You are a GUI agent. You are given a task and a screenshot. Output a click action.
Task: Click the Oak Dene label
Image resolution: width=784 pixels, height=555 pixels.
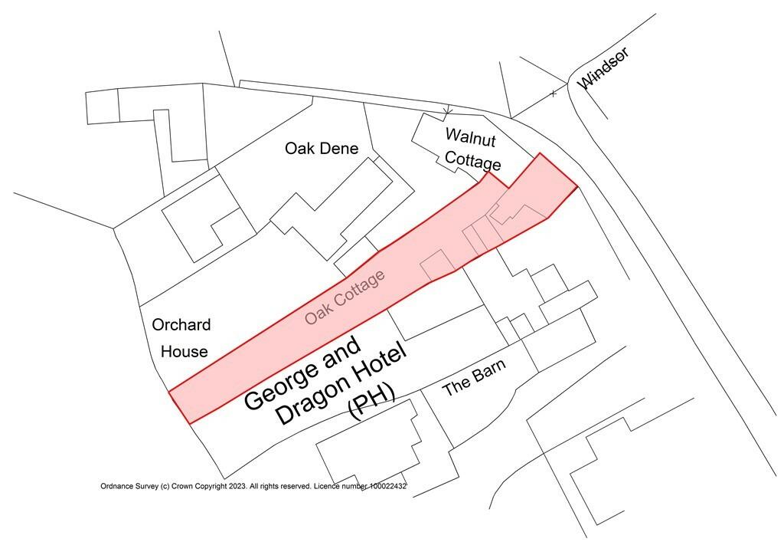(x=322, y=149)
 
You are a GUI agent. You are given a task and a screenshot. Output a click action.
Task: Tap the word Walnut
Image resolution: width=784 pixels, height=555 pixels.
(x=471, y=138)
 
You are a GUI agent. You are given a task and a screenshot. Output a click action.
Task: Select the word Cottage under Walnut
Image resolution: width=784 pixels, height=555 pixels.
(x=475, y=163)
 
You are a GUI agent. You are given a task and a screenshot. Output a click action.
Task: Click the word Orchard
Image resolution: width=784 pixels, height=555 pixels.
(x=181, y=325)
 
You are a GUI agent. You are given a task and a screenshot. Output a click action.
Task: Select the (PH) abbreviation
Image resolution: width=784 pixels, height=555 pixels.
(x=372, y=401)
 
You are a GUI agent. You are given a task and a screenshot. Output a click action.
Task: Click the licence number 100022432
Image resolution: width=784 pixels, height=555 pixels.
(x=379, y=487)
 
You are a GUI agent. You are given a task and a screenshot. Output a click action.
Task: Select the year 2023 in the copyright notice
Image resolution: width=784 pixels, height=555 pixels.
(x=236, y=487)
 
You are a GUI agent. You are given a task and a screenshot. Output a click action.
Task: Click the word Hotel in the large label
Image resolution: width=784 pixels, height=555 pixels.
(x=377, y=360)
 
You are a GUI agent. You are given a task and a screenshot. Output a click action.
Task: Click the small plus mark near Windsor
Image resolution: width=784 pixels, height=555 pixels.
(x=554, y=94)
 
